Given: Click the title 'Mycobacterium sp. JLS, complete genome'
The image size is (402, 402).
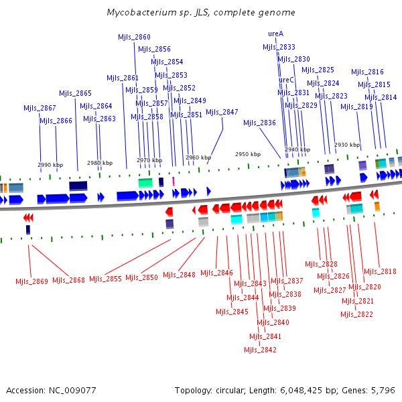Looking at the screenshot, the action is point(201,12).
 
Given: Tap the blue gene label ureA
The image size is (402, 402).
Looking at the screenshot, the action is point(275,33).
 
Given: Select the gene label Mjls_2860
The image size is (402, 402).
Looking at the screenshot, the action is point(134,37).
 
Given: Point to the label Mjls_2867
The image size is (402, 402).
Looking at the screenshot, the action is point(40,108).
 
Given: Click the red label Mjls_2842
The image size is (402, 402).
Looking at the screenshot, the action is point(260,350).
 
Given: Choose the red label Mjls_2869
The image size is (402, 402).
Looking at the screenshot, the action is point(31,281).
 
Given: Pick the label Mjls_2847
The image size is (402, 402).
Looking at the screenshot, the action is point(222,112).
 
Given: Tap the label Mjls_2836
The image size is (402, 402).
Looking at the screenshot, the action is point(259,123).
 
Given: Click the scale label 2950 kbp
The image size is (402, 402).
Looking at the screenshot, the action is point(248,154).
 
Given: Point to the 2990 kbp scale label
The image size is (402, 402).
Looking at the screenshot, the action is point(50,165).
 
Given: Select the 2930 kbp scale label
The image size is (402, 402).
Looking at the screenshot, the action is point(347,145).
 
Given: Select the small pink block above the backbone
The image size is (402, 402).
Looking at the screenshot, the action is point(174,182).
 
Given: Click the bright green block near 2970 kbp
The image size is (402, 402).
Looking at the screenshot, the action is point(145,183).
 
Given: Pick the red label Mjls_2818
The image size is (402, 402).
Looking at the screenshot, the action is point(380,271).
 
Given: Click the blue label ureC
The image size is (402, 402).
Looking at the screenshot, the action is point(286,80).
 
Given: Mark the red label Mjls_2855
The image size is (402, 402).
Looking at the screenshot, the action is point(105,279).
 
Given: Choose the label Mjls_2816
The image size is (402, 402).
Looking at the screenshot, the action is point(367,72).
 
